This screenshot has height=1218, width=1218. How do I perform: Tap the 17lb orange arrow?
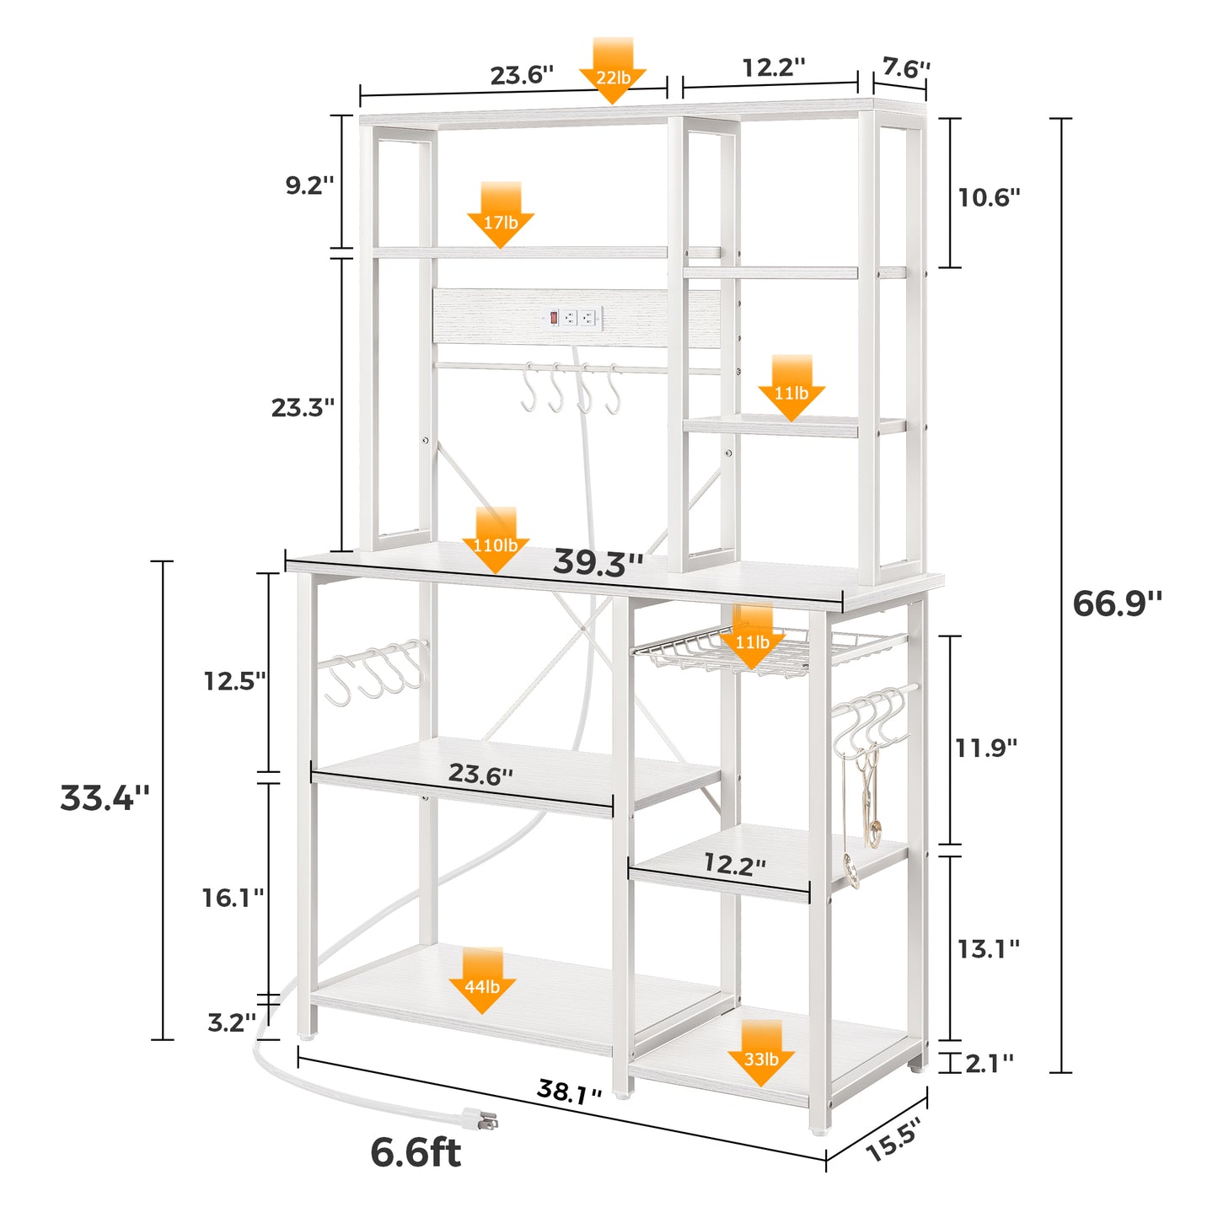pos(500,217)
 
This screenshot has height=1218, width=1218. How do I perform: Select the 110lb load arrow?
pos(496,541)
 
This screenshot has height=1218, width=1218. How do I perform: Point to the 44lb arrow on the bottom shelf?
pos(482,981)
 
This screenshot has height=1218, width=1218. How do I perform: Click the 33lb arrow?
pos(761,1054)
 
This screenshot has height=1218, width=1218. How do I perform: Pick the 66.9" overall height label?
pos(1117,604)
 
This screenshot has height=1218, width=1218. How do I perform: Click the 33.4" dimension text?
pos(105,797)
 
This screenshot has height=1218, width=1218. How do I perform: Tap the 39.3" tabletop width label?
pos(598,563)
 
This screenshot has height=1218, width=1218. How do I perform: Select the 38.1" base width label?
pos(570,1092)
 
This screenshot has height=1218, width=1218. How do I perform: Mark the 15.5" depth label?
pos(893,1139)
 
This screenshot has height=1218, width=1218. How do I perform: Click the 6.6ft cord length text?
pos(416,1152)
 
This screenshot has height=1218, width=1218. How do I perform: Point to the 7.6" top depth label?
pos(906,67)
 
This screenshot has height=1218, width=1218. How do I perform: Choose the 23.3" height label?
pos(303,408)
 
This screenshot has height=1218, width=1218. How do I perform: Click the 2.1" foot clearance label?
pos(989,1064)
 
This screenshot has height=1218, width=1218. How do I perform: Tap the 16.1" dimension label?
pos(233,898)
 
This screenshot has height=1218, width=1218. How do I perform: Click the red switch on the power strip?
pos(554,318)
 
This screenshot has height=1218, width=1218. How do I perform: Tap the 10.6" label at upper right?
pos(989,197)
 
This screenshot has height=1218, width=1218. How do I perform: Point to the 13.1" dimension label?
pos(988,949)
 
